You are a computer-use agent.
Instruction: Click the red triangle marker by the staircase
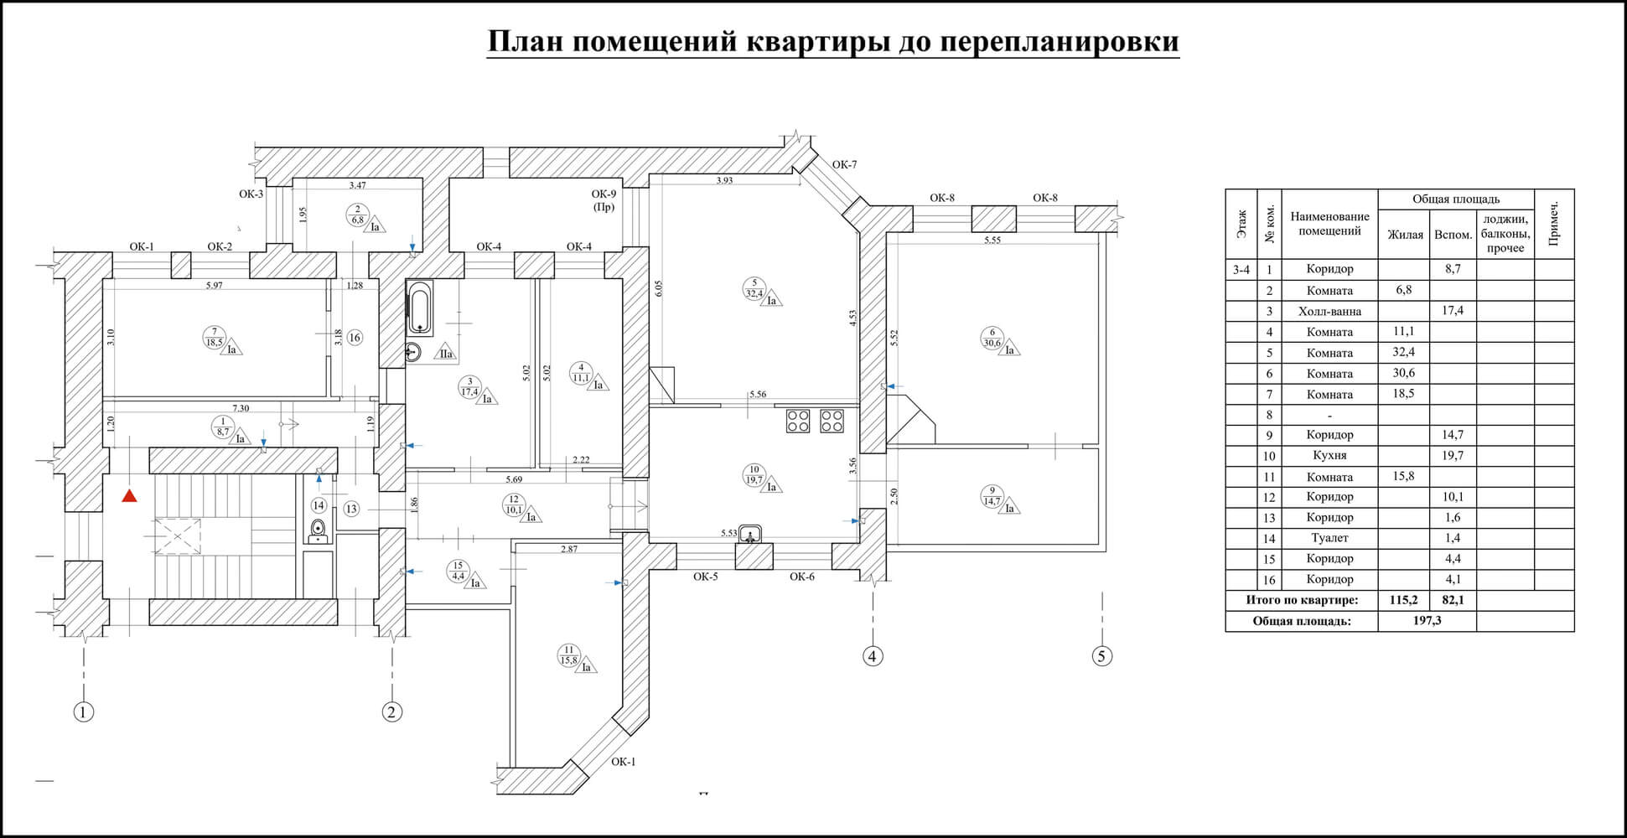(129, 497)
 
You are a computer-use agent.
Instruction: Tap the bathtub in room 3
(419, 308)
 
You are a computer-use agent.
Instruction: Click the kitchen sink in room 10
(750, 533)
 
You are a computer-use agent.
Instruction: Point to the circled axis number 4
(873, 656)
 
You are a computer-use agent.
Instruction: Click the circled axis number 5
(1102, 656)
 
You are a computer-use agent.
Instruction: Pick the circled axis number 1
(83, 712)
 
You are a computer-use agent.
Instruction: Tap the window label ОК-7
(844, 165)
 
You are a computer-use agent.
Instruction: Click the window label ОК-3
(251, 194)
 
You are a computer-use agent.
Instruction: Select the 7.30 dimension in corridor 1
(241, 409)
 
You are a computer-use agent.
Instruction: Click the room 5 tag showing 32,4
(754, 288)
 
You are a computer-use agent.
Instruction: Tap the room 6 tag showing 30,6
(992, 338)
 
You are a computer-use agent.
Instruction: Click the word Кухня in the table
(1329, 456)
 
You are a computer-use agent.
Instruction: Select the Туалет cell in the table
(1329, 538)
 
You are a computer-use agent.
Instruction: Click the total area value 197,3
(1426, 621)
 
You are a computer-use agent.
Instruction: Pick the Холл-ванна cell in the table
(1329, 311)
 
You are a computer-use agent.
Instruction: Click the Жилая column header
(1405, 235)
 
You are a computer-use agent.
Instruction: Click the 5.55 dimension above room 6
(993, 241)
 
